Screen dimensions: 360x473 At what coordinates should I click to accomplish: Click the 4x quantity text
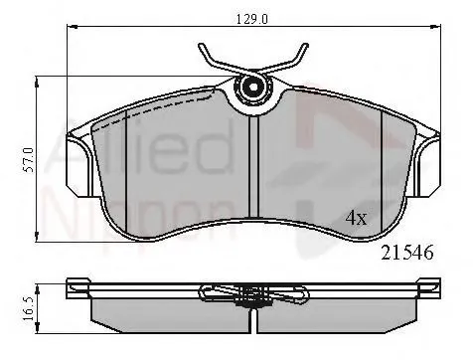tap(356, 216)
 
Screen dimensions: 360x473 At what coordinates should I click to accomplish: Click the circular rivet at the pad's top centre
tap(253, 89)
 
